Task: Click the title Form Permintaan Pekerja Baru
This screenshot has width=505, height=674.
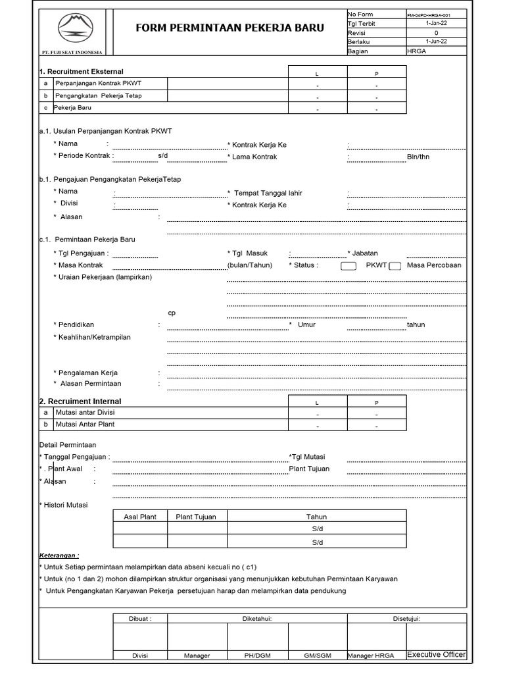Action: (229, 28)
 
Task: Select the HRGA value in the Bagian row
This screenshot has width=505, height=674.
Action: (417, 51)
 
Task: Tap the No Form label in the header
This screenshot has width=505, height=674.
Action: (360, 14)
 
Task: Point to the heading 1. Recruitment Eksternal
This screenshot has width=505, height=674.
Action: (82, 71)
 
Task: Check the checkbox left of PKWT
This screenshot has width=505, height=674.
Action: (349, 266)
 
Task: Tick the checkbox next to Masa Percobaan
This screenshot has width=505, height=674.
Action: (395, 266)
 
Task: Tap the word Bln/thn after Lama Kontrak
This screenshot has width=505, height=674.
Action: (418, 157)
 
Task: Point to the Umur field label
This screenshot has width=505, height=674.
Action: (306, 324)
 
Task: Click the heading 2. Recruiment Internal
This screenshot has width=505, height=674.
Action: (80, 401)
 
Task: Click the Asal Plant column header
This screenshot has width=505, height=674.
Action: (140, 517)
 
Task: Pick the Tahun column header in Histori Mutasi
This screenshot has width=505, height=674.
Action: (317, 517)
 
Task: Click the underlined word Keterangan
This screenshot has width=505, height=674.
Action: (59, 556)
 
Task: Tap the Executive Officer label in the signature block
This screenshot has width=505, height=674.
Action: (437, 655)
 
